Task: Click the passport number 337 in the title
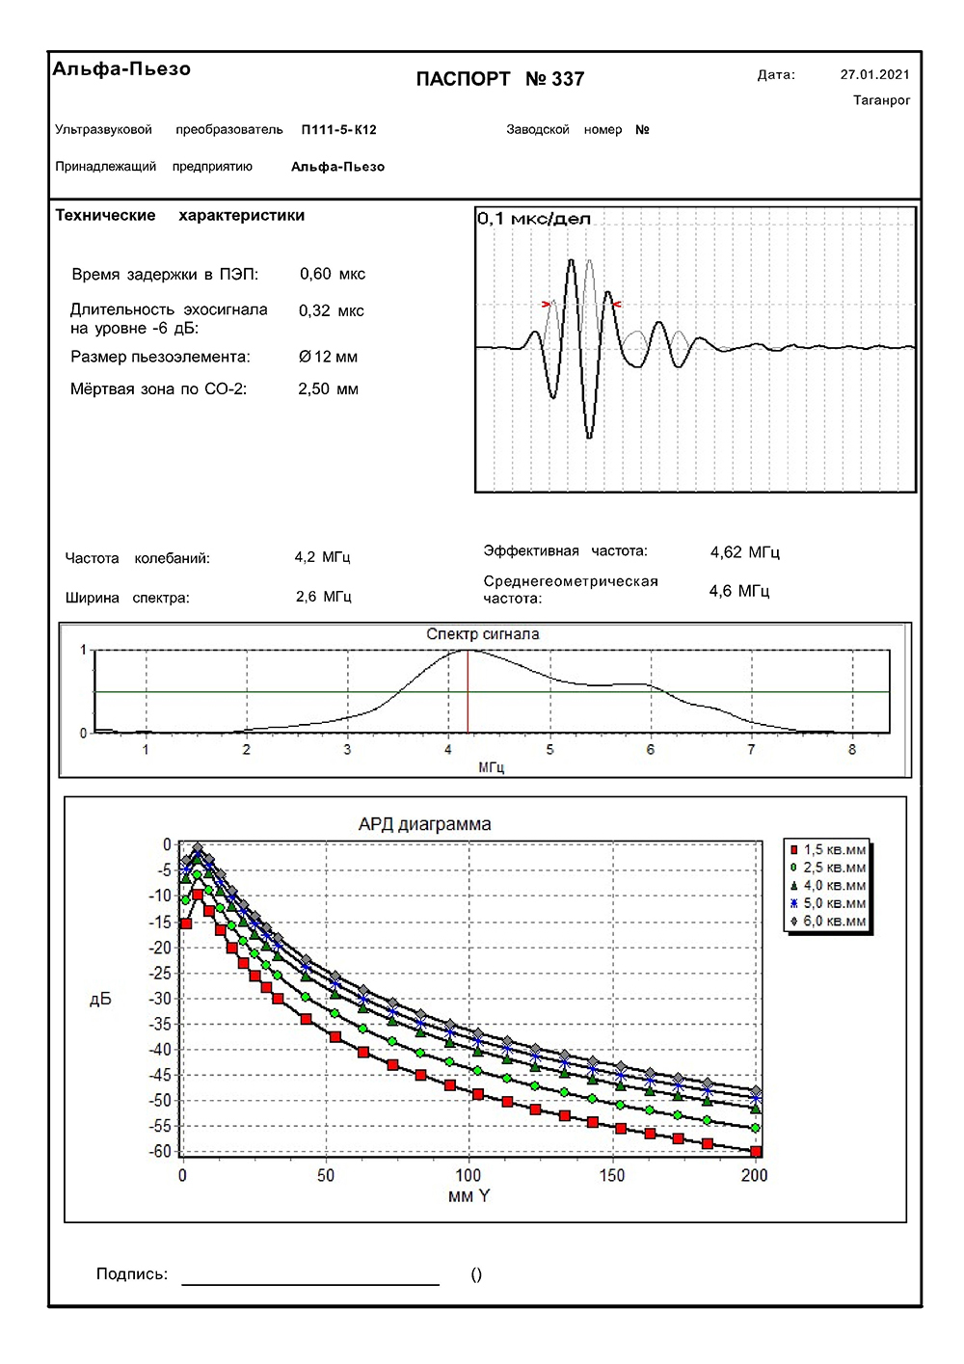(x=568, y=79)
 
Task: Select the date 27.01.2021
(x=874, y=74)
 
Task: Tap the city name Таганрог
(x=881, y=100)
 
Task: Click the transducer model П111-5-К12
(x=338, y=129)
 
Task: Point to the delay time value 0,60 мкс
(x=332, y=274)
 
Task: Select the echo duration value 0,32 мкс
(x=331, y=310)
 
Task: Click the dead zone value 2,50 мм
(x=328, y=389)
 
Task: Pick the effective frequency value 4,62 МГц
(x=744, y=552)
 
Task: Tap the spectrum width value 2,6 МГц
(x=323, y=597)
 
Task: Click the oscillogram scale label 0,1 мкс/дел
(x=533, y=219)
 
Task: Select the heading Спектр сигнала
(x=482, y=634)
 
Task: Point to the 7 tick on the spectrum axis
(x=751, y=749)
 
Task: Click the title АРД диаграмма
(x=424, y=824)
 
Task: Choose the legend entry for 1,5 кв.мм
(x=828, y=850)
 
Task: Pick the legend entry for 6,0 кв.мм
(x=828, y=922)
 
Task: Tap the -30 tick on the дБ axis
(x=160, y=999)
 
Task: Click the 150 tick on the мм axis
(x=611, y=1175)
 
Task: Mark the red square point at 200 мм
(x=756, y=1152)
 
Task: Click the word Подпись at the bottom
(x=131, y=1274)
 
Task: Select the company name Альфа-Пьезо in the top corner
(x=121, y=68)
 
